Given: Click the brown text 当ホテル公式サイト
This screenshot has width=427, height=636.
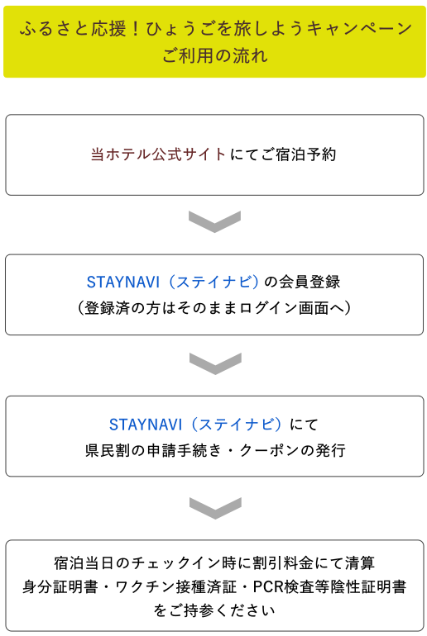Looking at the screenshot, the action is coord(158,154).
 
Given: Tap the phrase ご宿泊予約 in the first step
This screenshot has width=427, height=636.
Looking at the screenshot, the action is coord(298,154).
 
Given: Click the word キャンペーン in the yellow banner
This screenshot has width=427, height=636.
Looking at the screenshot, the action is coord(360,29).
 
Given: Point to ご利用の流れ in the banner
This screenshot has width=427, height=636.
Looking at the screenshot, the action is coord(215,55).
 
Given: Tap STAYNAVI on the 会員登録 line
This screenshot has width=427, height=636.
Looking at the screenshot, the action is coord(123,282).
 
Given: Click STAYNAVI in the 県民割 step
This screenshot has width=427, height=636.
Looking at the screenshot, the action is coord(146,425).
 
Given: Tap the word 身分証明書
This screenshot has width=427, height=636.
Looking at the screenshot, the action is coord(60,587).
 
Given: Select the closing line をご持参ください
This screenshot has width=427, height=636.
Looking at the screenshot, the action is coord(214,611).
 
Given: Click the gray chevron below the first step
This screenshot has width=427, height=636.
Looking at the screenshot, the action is coord(215,221).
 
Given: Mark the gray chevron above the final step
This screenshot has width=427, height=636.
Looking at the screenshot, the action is coord(215,508).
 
